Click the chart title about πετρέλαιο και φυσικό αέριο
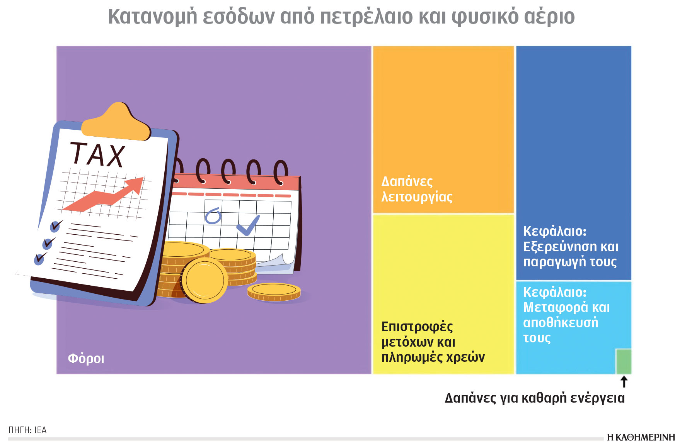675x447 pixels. [341, 17]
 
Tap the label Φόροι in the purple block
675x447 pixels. [86, 359]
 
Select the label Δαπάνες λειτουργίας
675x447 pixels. [416, 189]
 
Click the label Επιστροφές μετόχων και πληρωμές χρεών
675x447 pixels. [433, 342]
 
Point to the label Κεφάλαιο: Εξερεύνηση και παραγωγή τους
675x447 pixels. [570, 246]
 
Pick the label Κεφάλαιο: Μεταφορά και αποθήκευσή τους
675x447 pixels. [566, 315]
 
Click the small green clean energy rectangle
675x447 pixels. [623, 361]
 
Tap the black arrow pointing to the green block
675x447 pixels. [624, 382]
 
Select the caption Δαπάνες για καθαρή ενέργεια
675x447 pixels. [534, 398]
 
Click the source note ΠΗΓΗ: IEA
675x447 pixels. [27, 430]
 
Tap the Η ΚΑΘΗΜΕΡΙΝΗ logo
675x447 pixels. [641, 437]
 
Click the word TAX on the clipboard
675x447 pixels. [97, 155]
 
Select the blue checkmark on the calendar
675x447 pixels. [248, 225]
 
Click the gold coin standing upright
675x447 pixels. [204, 280]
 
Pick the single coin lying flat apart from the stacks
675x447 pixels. [274, 291]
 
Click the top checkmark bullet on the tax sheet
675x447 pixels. [56, 225]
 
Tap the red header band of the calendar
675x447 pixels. [236, 183]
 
